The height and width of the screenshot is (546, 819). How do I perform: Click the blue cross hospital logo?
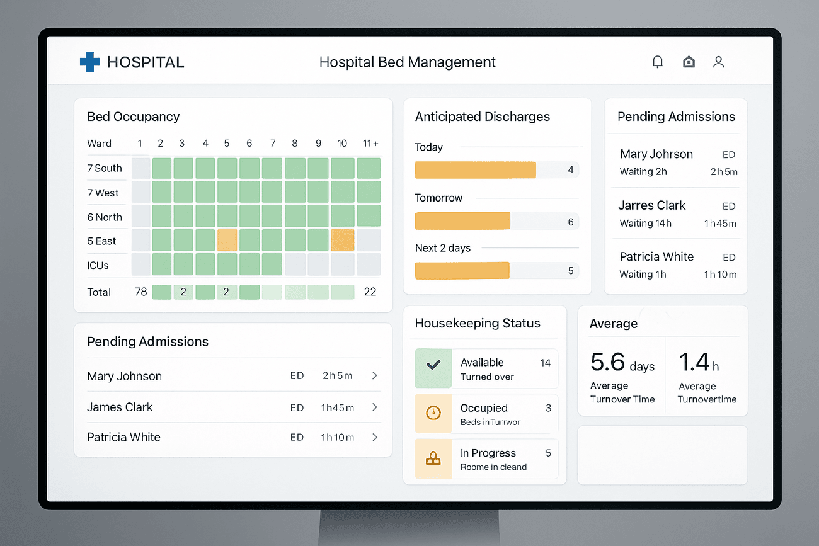click(89, 62)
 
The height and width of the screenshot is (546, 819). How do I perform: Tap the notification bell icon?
click(658, 62)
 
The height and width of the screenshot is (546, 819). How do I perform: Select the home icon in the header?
click(689, 62)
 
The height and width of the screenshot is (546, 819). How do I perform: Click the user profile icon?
click(718, 62)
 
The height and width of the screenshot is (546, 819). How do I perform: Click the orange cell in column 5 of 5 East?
click(227, 241)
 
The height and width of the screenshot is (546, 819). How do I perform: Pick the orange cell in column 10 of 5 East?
click(342, 241)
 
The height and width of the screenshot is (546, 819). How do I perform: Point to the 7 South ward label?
click(105, 168)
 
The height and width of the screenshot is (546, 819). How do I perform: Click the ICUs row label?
click(98, 265)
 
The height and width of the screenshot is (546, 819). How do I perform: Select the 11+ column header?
click(370, 144)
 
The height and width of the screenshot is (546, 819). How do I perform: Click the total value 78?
click(141, 292)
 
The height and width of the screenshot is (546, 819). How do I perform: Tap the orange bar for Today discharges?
click(475, 170)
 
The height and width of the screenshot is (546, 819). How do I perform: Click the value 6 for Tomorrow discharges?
click(571, 222)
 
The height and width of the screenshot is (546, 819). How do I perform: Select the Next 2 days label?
click(442, 248)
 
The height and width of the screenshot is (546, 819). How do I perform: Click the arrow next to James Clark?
click(375, 407)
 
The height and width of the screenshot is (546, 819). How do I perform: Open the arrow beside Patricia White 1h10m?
click(375, 437)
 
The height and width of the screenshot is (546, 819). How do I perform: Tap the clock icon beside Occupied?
click(433, 413)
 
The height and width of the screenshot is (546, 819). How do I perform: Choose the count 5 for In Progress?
click(548, 453)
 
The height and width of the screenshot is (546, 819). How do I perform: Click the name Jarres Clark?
click(652, 206)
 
